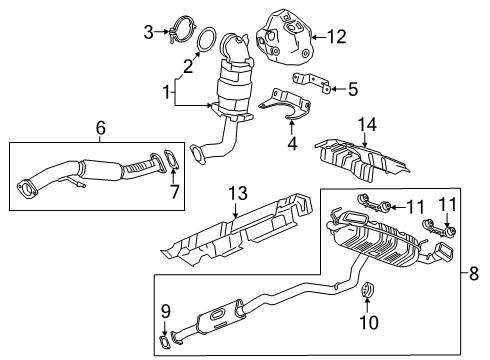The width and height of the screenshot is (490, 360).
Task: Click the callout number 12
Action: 336,38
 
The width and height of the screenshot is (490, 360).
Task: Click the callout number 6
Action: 100,128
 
